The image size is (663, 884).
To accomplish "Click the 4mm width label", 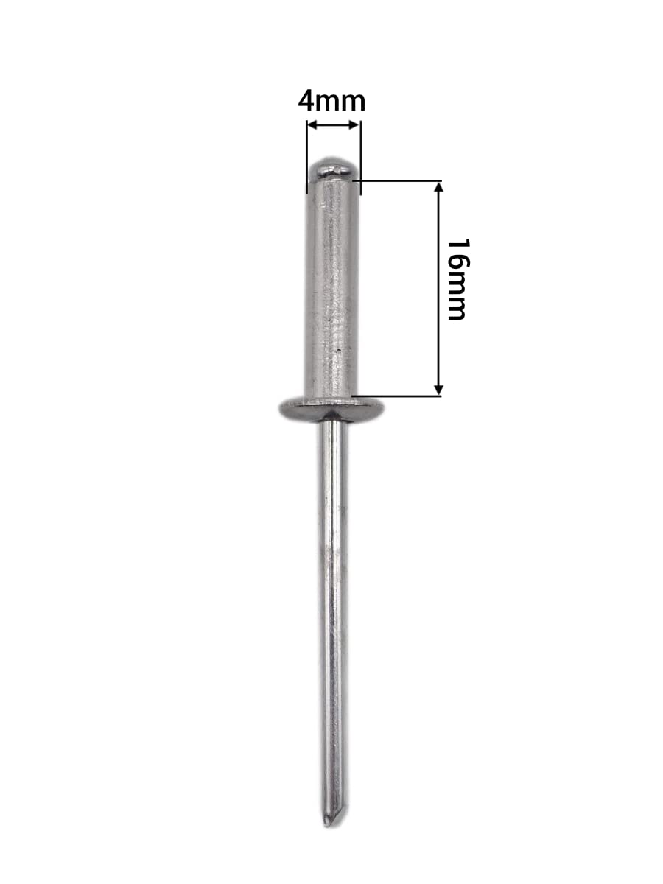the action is tap(331, 101).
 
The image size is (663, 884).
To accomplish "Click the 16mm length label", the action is tap(458, 279).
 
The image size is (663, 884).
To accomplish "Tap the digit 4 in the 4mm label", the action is tap(306, 101).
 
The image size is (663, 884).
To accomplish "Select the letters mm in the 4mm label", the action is tap(340, 103).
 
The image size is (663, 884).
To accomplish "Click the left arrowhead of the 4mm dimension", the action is tap(312, 124).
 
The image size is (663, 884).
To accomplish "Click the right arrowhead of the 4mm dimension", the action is tap(354, 124).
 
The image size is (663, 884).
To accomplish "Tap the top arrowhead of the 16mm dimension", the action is tap(439, 187).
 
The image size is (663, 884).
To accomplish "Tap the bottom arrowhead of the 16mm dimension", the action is tap(439, 390).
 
